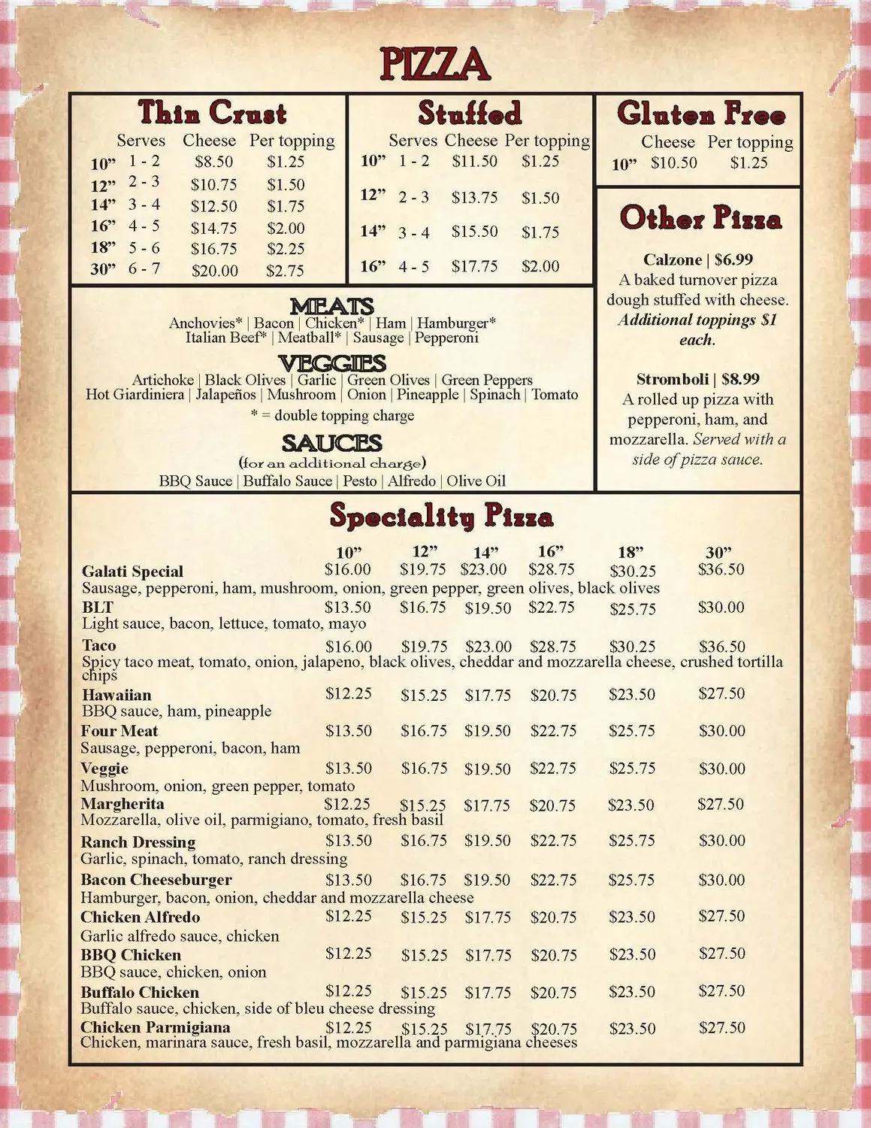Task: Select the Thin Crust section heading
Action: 212,113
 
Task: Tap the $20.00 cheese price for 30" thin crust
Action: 214,270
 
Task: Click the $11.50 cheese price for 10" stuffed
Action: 474,161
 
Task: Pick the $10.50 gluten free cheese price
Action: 673,162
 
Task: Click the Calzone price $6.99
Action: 733,259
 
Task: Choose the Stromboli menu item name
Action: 672,379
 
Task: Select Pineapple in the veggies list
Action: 428,394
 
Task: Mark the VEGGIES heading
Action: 331,362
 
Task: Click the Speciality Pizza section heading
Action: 441,517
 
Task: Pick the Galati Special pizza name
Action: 132,572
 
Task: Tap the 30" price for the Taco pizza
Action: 721,647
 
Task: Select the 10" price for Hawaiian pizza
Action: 348,693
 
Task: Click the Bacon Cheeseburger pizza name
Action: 156,880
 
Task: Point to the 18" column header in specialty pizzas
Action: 627,553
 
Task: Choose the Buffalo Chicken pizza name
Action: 140,993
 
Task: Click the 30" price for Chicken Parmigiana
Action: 721,1027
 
